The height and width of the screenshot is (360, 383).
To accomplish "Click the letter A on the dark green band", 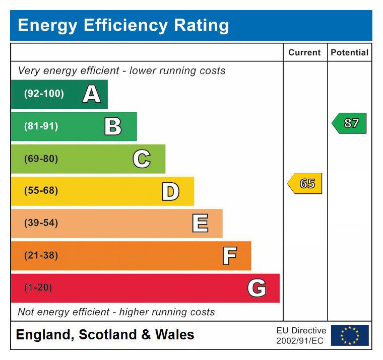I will (91, 94).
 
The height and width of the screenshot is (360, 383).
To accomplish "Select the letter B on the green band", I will (113, 126).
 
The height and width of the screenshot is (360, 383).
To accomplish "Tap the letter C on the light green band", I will (142, 159).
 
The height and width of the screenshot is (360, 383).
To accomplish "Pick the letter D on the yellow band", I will (170, 191).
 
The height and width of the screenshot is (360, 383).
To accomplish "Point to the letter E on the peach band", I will (200, 224).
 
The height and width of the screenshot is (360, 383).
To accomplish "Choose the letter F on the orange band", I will (229, 256).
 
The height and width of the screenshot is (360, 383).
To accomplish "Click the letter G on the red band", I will (257, 289).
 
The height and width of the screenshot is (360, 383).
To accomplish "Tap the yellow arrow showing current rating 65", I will (305, 184).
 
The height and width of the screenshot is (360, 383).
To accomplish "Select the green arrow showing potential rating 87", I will (349, 123).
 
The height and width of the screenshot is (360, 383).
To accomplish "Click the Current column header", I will (304, 52).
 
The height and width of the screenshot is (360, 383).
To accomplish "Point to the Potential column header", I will (349, 52).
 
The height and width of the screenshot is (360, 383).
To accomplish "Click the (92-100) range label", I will (44, 94).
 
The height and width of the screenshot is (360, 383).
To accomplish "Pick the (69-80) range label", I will (41, 159).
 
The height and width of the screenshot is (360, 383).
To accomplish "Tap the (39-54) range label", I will (41, 223).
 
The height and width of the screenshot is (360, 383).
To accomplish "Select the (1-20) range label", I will (38, 288).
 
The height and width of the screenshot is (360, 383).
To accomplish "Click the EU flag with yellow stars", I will (349, 335).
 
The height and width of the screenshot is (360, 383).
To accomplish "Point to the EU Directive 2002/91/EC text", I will (301, 336).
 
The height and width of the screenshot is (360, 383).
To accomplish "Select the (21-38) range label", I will (41, 256).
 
